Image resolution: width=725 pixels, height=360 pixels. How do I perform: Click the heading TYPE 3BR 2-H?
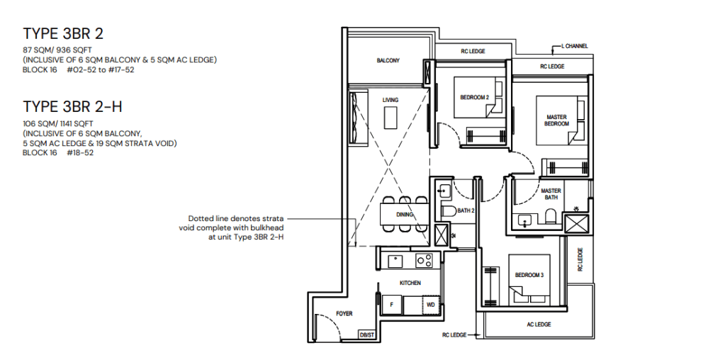coord(73,107)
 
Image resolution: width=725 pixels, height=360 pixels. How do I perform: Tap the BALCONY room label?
coord(388,61)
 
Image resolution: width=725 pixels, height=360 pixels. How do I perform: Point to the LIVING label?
coord(390,101)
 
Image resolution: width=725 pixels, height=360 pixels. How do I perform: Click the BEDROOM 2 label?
coord(474,97)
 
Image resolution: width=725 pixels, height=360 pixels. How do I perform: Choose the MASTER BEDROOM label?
coord(556,120)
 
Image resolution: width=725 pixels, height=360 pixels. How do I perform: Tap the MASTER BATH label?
coord(551,194)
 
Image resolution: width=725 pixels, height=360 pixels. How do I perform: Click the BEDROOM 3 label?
coord(529,275)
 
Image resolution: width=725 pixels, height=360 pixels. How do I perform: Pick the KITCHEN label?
coord(410,283)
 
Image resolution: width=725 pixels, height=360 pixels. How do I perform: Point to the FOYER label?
coord(344,313)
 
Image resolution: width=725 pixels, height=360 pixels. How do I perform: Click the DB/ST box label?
coord(366,334)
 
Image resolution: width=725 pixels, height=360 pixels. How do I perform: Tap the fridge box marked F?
coord(390,305)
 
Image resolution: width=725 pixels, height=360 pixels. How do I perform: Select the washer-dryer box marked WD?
coord(429,305)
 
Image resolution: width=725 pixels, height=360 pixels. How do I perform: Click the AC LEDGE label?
coord(539,325)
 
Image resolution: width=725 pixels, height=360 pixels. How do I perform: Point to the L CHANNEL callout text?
coord(574,46)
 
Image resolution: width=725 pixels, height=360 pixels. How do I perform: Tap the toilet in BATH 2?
coord(449,212)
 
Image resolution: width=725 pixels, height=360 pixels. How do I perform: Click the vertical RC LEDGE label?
coord(580,259)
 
